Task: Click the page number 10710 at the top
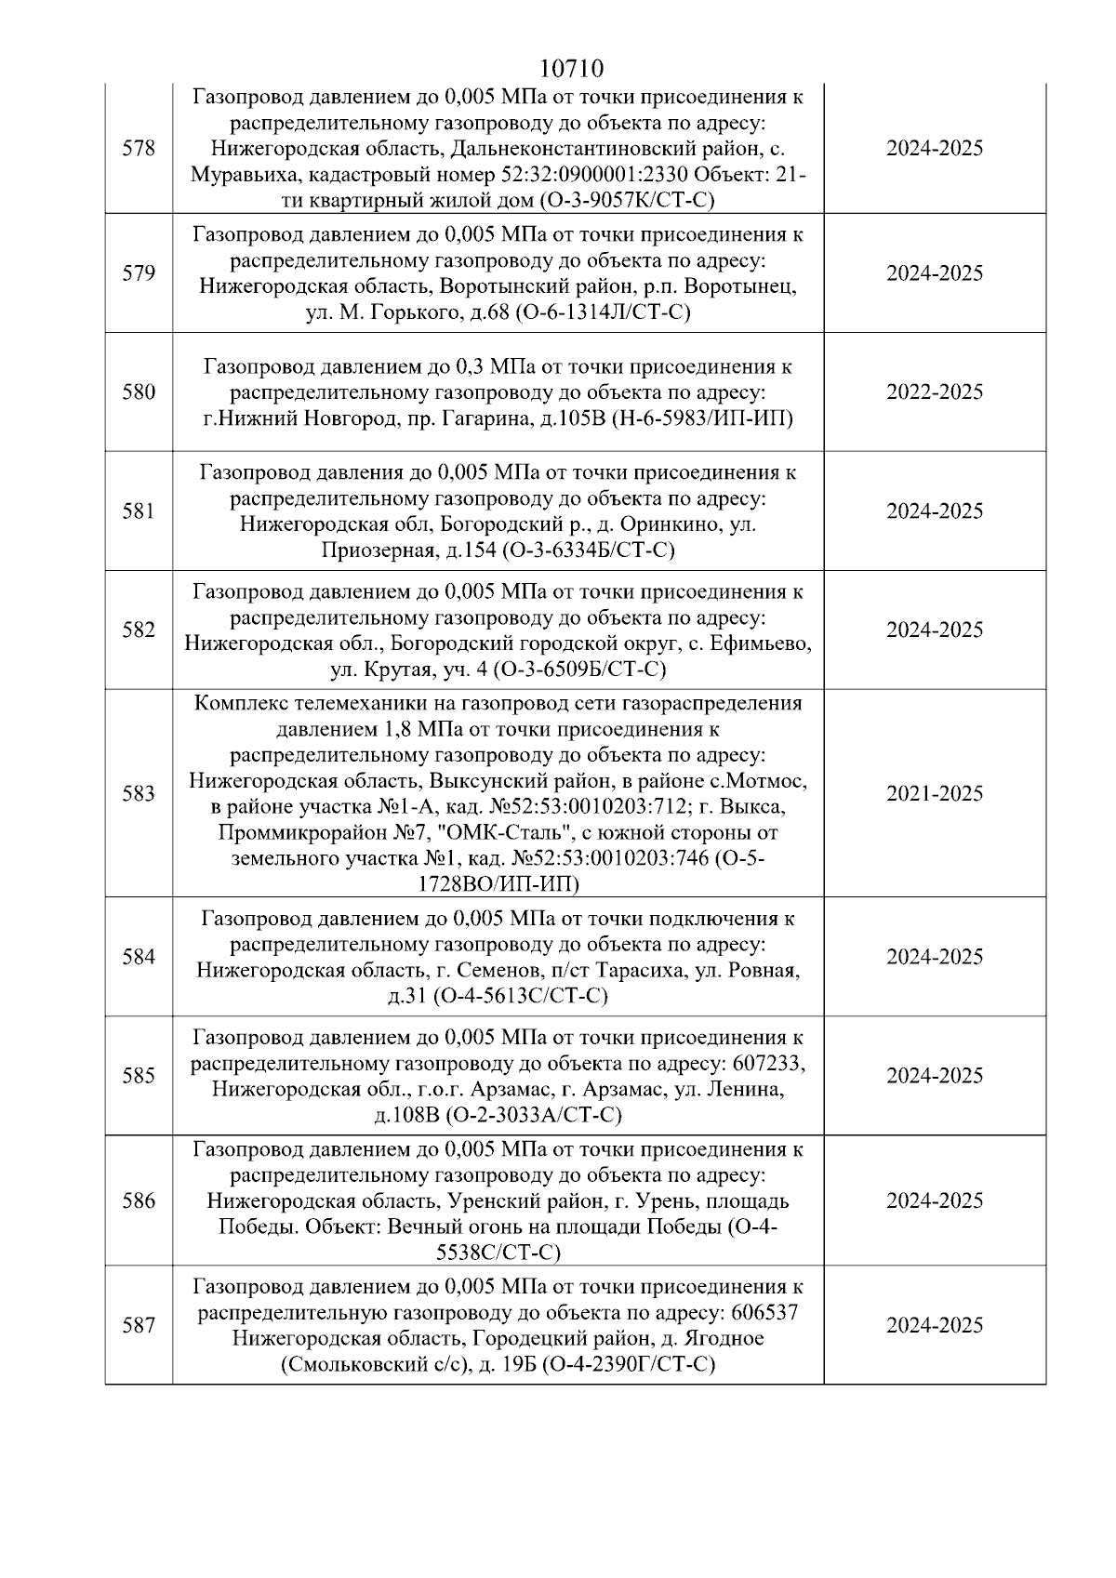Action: [x=571, y=69]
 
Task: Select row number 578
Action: [x=139, y=149]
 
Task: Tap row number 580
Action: [x=139, y=392]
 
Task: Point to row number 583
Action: [x=139, y=794]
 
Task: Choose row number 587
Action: [x=139, y=1326]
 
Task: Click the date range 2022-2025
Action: [x=934, y=392]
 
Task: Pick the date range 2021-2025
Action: [x=934, y=794]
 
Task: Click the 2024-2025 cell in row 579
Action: [x=934, y=273]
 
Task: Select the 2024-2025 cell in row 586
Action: [x=934, y=1201]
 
